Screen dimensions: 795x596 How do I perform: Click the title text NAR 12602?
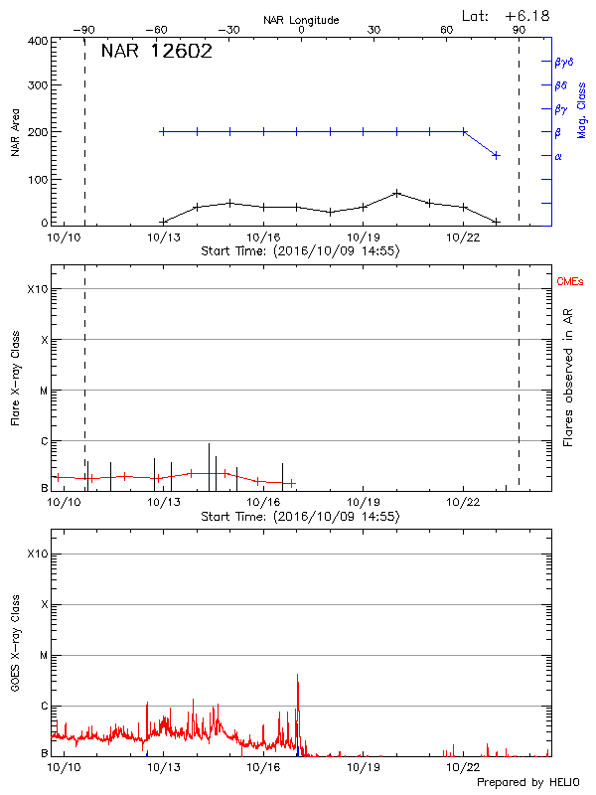point(156,53)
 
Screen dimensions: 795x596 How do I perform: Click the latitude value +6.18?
point(528,15)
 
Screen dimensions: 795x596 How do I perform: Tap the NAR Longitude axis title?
point(301,20)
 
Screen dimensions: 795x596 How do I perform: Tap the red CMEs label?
point(571,283)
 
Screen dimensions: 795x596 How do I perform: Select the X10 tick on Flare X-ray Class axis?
point(37,289)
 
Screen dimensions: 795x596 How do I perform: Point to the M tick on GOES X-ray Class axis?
point(43,656)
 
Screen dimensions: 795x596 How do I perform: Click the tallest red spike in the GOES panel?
point(297,676)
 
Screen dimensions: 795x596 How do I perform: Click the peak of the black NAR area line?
point(396,193)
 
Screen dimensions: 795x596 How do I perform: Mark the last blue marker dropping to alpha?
point(496,155)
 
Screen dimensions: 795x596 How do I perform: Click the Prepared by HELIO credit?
point(526,782)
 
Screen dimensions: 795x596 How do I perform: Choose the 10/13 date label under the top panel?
point(163,237)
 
